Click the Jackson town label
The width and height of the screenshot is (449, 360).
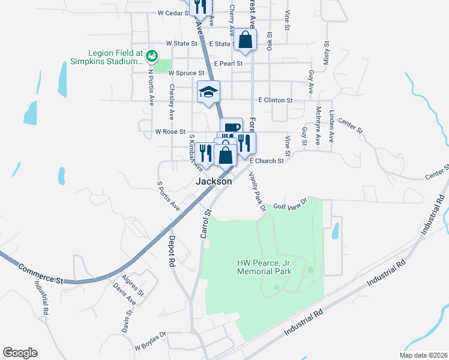tap(213, 181)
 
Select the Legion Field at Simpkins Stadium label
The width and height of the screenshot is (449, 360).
tap(106, 57)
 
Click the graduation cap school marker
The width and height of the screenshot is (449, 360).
tap(208, 92)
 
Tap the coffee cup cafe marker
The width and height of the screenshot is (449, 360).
tap(231, 127)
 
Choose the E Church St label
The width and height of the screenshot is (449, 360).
tap(267, 161)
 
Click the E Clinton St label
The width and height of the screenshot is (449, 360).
tap(275, 100)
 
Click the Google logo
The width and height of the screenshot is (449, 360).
tap(20, 352)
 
